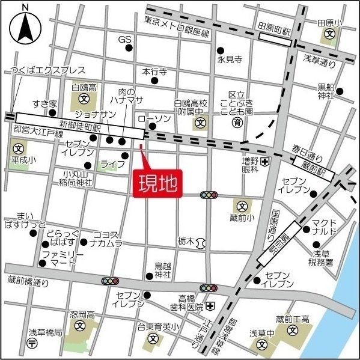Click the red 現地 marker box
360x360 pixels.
pyautogui.click(x=156, y=184)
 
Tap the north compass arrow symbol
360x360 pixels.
pyautogui.click(x=25, y=27)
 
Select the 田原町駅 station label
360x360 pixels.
pyautogui.click(x=275, y=28)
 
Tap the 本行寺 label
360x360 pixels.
pyautogui.click(x=154, y=71)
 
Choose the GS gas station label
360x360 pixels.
pyautogui.click(x=124, y=40)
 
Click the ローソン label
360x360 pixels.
pyautogui.click(x=155, y=118)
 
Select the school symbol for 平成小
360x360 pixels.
pyautogui.click(x=19, y=148)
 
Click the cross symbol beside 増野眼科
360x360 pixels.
pyautogui.click(x=264, y=161)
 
